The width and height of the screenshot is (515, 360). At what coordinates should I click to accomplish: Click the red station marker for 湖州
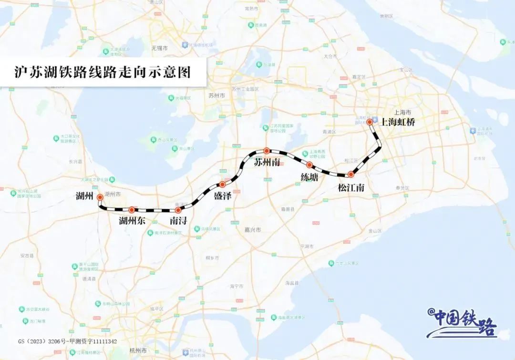click(x=100, y=197)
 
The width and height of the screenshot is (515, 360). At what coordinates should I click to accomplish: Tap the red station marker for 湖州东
click(x=132, y=210)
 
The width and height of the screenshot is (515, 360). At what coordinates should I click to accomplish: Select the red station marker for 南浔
click(x=178, y=210)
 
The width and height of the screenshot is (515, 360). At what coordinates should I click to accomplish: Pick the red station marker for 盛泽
click(x=222, y=184)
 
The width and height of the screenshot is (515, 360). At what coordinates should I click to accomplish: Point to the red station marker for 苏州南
click(x=267, y=151)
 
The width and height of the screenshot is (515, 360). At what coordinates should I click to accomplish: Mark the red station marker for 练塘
click(x=309, y=165)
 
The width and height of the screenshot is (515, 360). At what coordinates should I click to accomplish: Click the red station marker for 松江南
click(x=351, y=175)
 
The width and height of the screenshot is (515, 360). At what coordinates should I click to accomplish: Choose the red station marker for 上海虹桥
click(x=370, y=122)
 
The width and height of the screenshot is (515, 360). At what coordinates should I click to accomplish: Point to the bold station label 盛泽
click(x=222, y=196)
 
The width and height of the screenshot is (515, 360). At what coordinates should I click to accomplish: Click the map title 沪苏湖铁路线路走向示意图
click(x=102, y=72)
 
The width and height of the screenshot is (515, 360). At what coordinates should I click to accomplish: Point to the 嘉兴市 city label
click(x=253, y=230)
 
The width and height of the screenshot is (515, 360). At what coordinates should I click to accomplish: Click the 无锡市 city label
click(x=159, y=49)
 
